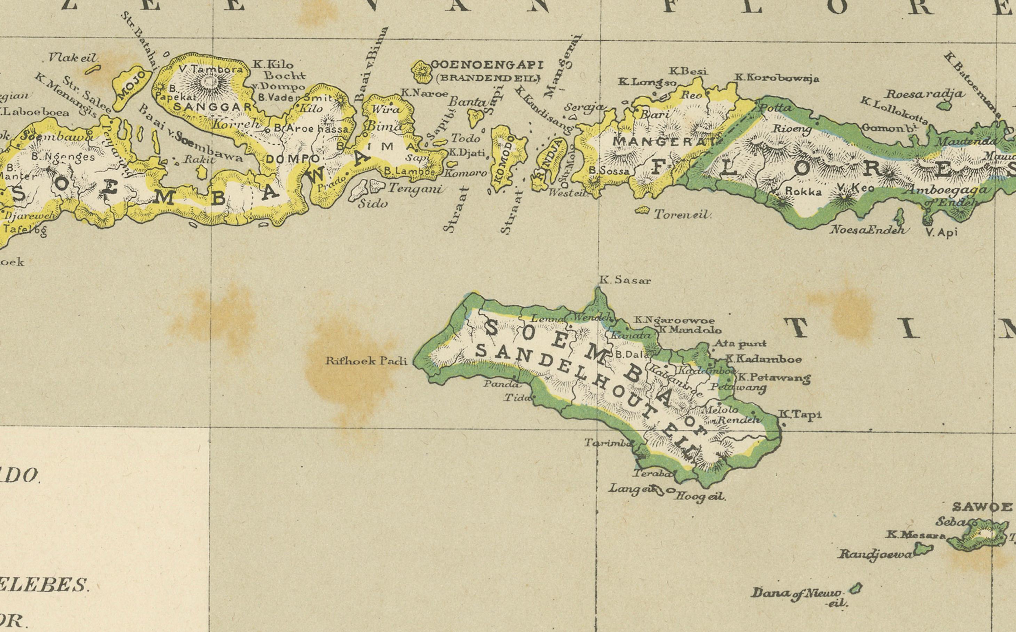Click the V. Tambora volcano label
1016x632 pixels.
click(x=211, y=69)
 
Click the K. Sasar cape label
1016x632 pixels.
click(x=625, y=281)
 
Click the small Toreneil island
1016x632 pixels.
click(x=642, y=210)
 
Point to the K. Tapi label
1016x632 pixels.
click(x=799, y=415)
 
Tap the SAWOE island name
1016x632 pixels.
click(x=981, y=507)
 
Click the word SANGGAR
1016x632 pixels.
click(x=213, y=107)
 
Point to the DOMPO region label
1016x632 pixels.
click(x=292, y=159)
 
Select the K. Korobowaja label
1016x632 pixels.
click(x=777, y=78)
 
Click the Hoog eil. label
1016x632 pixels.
click(x=701, y=496)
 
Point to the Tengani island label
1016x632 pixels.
click(x=415, y=189)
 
